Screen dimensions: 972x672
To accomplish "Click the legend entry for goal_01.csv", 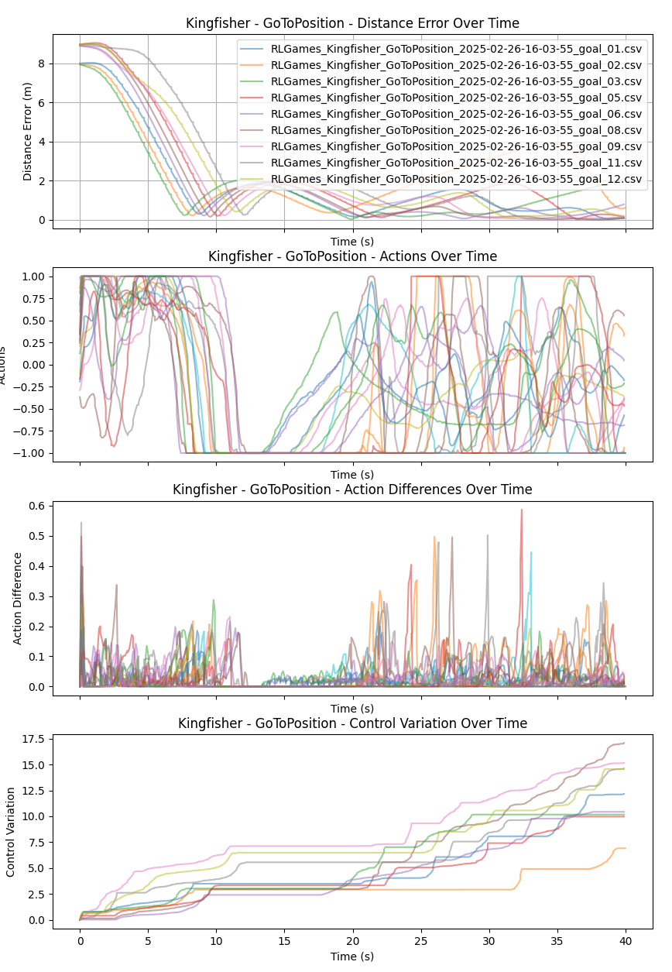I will (456, 48).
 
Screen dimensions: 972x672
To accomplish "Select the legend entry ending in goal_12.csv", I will (456, 179).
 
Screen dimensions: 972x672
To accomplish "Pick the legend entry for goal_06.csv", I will (456, 113).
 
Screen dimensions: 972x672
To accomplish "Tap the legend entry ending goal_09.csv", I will (456, 146).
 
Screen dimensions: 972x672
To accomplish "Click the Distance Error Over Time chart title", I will (352, 23).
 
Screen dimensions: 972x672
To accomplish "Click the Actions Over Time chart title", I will (352, 256).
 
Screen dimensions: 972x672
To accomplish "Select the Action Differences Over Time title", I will (352, 489).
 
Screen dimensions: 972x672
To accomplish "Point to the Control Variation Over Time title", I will (352, 723).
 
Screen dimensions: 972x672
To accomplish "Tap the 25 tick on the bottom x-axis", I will (420, 939).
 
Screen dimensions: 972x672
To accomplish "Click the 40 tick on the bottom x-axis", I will (625, 939).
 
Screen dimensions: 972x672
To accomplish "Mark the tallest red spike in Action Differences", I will (521, 510).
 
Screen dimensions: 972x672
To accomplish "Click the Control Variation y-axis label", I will (11, 832).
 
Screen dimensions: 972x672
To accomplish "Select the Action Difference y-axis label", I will (17, 599).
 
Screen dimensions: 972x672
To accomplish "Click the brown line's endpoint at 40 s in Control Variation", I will (624, 744).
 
